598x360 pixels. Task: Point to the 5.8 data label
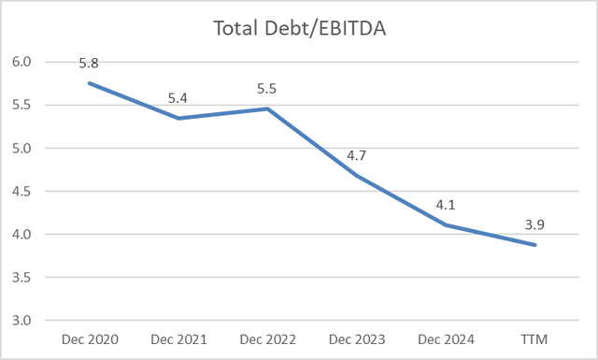pyautogui.click(x=89, y=64)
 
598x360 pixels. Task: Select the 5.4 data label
pyautogui.click(x=178, y=97)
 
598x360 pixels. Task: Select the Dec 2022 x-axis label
pyautogui.click(x=268, y=339)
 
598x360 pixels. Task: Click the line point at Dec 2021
pyautogui.click(x=178, y=118)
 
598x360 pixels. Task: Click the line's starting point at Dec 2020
pyautogui.click(x=89, y=83)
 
